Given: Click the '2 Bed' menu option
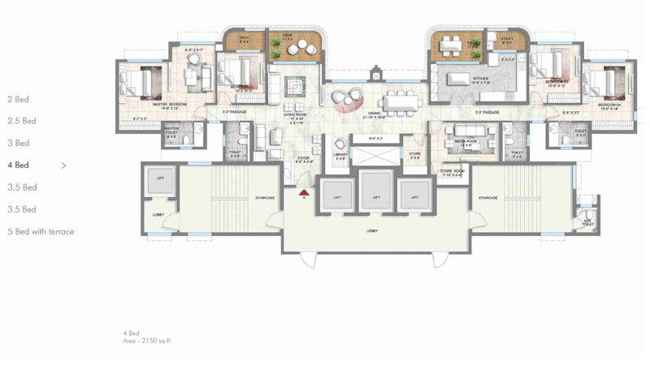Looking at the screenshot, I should click(18, 100).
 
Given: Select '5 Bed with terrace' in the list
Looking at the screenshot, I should click(41, 232).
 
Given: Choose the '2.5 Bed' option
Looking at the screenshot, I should click(22, 122).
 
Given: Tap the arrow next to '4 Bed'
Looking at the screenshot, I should click(63, 165).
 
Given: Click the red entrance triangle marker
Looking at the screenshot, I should click(304, 193).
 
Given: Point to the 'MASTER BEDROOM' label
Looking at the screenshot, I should click(170, 105).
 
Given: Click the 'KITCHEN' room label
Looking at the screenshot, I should click(482, 79).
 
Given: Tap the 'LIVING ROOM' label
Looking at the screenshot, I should click(295, 114).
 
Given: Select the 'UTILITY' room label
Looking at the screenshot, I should click(507, 38).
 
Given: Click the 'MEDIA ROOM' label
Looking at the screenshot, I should click(466, 140).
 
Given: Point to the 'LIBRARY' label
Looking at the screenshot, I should click(340, 154).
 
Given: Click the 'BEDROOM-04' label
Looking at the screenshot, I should click(609, 105).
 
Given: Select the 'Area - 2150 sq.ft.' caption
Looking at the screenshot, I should click(147, 342).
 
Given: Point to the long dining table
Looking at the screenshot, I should click(399, 99).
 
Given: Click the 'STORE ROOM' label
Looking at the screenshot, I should click(452, 171).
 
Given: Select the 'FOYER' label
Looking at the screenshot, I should click(303, 159).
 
